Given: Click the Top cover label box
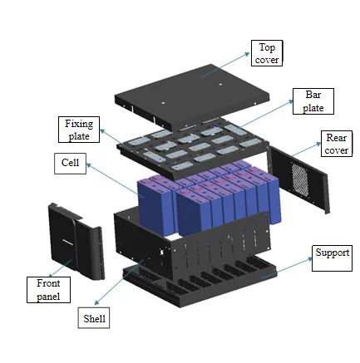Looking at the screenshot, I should (267, 53).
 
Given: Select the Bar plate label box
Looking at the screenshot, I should (313, 101).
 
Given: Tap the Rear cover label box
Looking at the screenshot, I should (336, 144).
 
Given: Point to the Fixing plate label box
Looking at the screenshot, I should (80, 130).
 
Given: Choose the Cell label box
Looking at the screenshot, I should (70, 164).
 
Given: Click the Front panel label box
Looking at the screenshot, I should (48, 289).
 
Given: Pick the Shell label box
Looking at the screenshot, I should (95, 318).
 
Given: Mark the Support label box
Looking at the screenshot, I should (332, 253).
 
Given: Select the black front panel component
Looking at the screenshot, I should (75, 240).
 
